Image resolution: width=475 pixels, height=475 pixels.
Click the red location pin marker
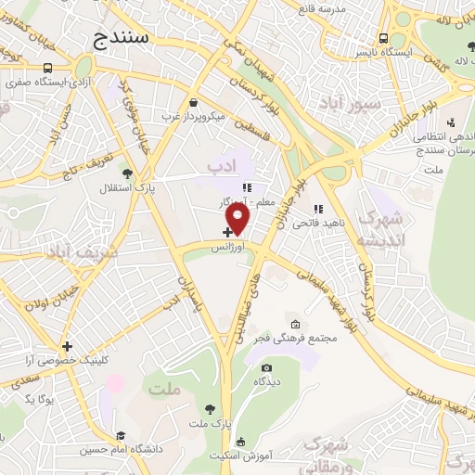[239, 219]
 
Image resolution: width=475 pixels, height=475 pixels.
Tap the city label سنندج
[125, 37]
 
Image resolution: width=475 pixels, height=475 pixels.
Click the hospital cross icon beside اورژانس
[227, 232]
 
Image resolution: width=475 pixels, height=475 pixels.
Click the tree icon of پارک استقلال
[127, 173]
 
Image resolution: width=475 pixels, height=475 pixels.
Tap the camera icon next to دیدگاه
[266, 367]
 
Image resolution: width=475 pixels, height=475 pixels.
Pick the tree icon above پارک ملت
[211, 408]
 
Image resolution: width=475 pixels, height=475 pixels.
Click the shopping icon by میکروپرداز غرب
[192, 103]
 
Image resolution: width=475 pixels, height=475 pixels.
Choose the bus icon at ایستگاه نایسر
[383, 38]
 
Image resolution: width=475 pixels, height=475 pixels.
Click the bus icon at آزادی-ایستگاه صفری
[47, 67]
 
